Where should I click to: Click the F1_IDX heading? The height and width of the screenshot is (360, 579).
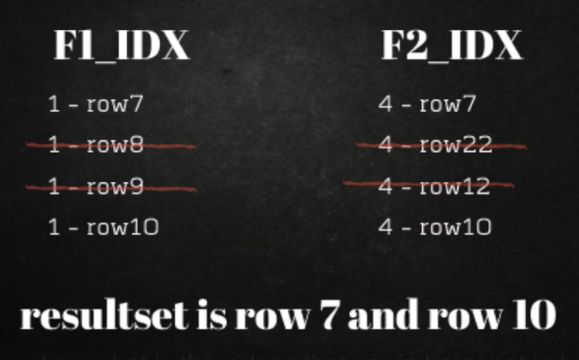point(122,45)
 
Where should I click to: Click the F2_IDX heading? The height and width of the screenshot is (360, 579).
point(452,45)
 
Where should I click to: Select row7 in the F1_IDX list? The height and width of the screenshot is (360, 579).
point(96,104)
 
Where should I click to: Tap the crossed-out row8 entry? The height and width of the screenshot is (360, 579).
point(96,144)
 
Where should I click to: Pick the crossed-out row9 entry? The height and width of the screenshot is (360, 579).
point(96,186)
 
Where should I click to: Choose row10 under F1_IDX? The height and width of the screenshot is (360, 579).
point(104,227)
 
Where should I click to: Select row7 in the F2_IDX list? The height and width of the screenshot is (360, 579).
point(427,104)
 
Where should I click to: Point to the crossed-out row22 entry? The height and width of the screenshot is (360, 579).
point(435,144)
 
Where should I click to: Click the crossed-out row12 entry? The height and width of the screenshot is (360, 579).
point(435,186)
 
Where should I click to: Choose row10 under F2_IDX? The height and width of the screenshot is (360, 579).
point(435,227)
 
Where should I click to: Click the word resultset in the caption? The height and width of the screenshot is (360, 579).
point(104,315)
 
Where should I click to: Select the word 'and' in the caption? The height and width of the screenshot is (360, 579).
point(384,315)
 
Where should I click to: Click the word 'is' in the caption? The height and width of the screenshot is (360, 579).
point(212,315)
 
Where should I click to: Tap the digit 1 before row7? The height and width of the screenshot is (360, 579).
point(54,104)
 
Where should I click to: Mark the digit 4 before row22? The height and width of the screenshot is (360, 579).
point(385,144)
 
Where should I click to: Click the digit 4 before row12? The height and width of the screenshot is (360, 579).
point(385,186)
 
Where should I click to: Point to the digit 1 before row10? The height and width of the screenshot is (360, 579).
point(54,227)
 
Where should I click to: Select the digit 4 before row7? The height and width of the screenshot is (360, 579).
point(385,104)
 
